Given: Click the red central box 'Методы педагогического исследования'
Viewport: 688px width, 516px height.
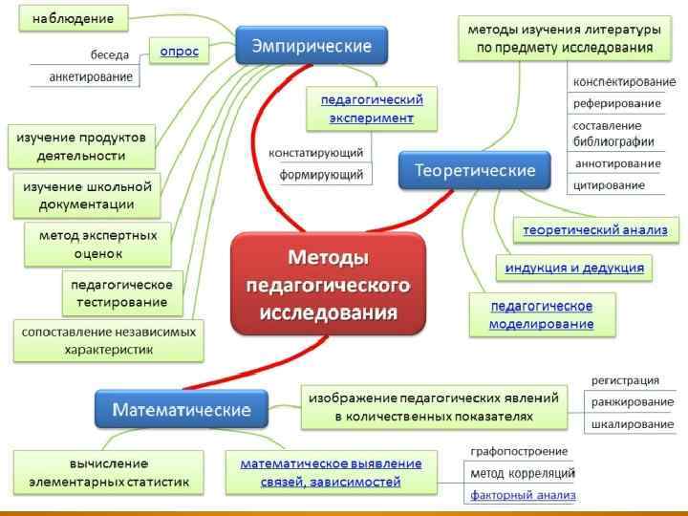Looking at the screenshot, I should [328, 285].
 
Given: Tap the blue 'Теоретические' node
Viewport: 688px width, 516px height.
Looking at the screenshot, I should [474, 170].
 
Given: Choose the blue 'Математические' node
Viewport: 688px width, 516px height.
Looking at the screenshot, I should [182, 410].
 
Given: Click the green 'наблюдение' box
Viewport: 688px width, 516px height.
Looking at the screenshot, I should [73, 18].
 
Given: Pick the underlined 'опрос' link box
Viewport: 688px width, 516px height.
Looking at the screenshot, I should [178, 52].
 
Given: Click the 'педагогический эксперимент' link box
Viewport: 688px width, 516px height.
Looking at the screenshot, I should [372, 108].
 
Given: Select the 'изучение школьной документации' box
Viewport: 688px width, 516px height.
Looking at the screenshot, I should [86, 195].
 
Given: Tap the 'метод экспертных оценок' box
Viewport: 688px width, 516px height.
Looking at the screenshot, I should [97, 244].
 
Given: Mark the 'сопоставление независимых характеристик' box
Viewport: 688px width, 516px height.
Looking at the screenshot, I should [109, 341].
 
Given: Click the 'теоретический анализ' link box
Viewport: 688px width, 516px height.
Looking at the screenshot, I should [595, 230].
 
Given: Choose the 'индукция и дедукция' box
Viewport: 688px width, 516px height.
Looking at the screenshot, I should [574, 268].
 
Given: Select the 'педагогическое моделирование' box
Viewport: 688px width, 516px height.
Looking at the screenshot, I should [541, 314].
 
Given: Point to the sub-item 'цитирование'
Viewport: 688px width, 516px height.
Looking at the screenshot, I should [609, 184].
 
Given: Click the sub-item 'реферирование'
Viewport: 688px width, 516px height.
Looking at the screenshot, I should [616, 103].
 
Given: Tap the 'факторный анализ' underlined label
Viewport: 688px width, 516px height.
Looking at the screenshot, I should [523, 495].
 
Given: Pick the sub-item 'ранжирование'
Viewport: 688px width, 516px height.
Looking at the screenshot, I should [632, 402].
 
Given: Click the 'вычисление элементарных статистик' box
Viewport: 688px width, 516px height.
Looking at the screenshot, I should [108, 473].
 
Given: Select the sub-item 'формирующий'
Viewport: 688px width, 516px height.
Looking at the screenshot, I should [321, 175].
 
